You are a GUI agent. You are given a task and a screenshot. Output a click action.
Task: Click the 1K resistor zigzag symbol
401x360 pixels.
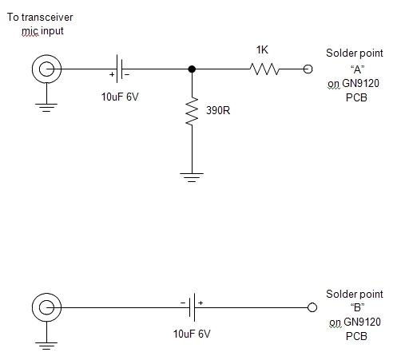click(265, 69)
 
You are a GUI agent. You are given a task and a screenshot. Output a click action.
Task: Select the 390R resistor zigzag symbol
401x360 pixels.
click(192, 111)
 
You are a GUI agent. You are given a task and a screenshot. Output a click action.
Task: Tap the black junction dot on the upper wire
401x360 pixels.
click(192, 69)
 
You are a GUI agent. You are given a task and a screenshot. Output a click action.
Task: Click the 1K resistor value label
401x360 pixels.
click(262, 49)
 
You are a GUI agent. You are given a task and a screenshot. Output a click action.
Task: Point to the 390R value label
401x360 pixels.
click(218, 110)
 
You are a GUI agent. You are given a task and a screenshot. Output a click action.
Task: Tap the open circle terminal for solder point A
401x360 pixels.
click(308, 69)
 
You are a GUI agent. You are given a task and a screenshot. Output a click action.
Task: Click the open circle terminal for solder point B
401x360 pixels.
click(312, 307)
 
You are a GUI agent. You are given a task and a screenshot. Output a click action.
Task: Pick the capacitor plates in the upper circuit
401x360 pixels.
click(120, 69)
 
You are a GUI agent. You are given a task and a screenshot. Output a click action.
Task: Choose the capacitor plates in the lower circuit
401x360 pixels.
click(192, 307)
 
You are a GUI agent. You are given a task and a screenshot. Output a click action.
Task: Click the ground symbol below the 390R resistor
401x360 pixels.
click(192, 177)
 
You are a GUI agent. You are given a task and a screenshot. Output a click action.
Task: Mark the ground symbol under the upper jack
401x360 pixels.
click(46, 108)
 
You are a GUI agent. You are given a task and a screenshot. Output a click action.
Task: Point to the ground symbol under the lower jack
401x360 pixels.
click(46, 346)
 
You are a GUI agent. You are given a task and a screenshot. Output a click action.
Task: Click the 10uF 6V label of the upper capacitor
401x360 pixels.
click(120, 97)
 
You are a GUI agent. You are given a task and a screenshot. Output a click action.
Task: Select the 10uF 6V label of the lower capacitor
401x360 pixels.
click(192, 334)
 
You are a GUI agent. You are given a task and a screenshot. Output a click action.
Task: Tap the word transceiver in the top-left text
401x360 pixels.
click(47, 18)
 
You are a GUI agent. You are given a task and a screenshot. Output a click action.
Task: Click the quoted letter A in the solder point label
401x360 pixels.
click(357, 69)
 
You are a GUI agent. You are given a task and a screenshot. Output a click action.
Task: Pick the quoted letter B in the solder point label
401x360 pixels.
click(357, 307)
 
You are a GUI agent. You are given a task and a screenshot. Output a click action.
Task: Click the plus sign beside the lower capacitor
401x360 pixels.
click(200, 303)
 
